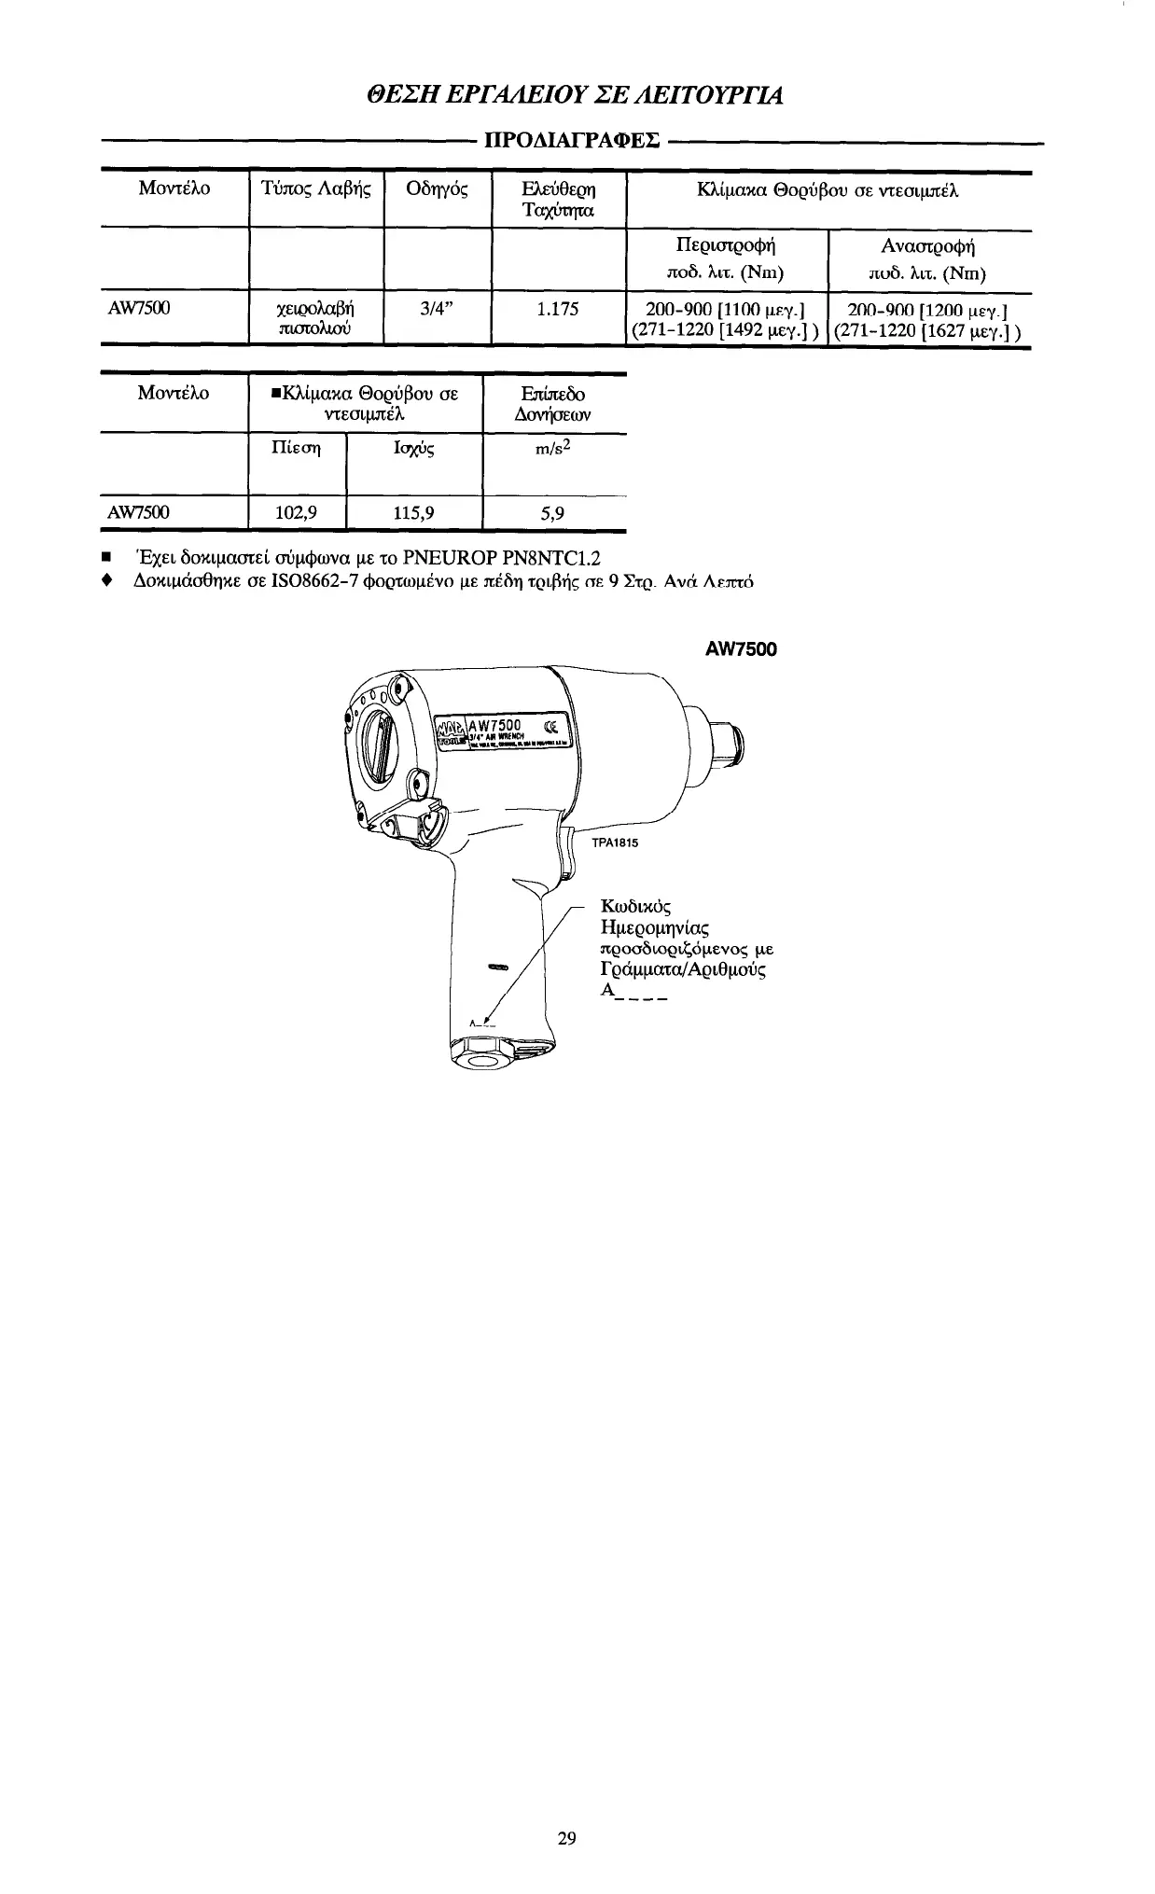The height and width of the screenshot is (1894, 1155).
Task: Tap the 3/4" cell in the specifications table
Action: [x=437, y=310]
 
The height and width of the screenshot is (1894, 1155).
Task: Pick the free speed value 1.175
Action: [x=559, y=310]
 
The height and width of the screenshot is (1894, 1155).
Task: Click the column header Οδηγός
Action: [x=438, y=189]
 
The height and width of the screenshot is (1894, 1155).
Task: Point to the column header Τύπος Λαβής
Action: [x=316, y=189]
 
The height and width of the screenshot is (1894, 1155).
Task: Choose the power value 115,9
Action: [x=413, y=511]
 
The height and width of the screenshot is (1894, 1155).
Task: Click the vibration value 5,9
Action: [x=554, y=511]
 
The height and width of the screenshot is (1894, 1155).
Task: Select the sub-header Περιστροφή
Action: [x=726, y=246]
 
